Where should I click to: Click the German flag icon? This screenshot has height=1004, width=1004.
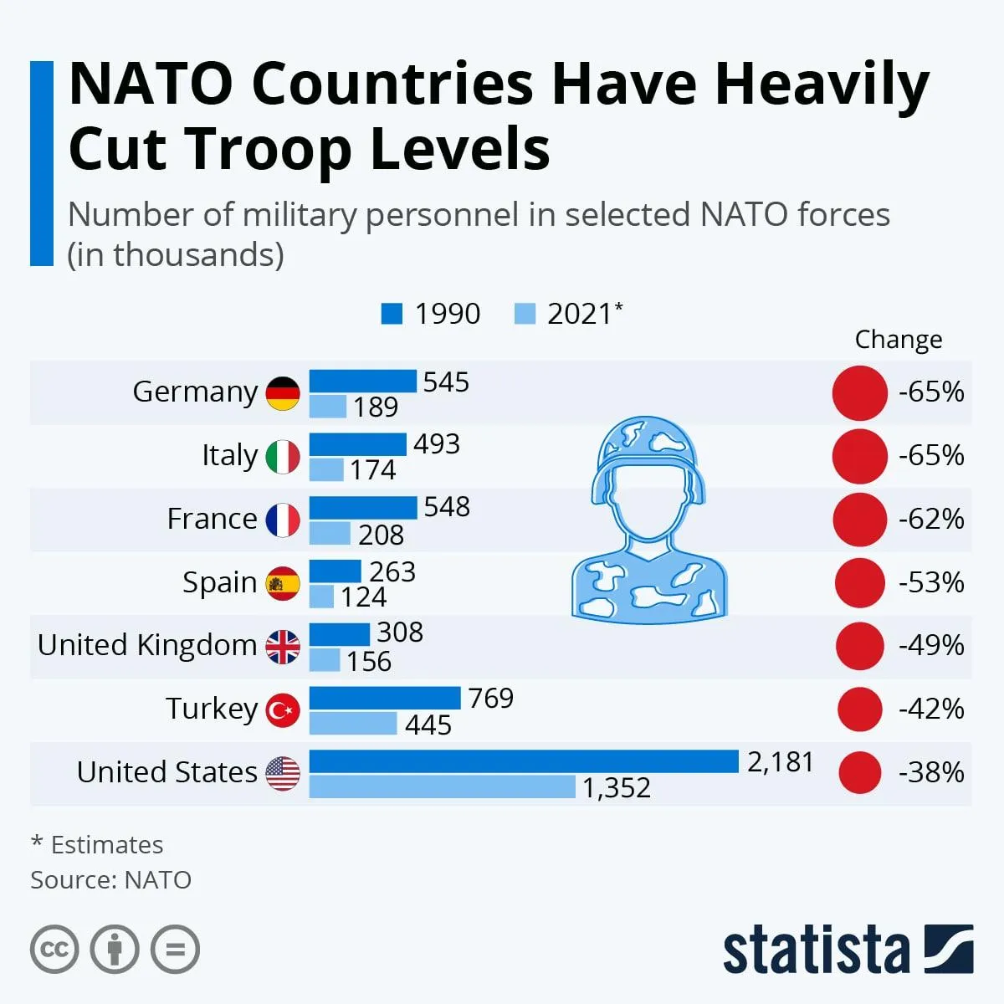coord(283,393)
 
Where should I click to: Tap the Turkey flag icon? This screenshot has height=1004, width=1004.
coord(283,710)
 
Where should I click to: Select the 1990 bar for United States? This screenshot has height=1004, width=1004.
coord(524,761)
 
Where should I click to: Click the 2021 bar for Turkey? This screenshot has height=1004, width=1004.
coord(353,723)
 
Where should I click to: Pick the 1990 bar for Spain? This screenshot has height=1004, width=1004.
coord(335,571)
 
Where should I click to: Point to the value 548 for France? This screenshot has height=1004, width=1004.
coord(447,507)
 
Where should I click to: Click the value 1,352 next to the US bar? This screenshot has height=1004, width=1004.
coord(617,788)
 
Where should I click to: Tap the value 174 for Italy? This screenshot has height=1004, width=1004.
coord(372,470)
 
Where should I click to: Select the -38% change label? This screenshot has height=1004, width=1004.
coord(931,772)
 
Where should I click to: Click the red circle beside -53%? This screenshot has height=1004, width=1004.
coord(859,582)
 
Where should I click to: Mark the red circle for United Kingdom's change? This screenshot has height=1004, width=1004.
coord(859,646)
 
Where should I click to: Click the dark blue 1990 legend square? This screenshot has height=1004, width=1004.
coord(392,314)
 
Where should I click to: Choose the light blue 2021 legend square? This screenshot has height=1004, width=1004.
coord(525,314)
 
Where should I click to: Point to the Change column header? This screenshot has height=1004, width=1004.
coord(898,340)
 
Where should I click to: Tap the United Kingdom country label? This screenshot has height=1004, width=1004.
coord(147,645)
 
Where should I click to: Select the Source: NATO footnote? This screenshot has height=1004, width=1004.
coord(110,880)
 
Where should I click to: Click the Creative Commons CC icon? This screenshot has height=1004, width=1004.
coord(54,950)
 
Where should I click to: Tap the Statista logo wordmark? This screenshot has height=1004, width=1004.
coord(816,950)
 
